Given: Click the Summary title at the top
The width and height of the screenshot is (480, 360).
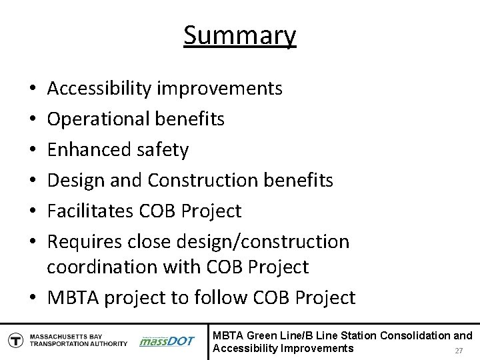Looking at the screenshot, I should [240, 35].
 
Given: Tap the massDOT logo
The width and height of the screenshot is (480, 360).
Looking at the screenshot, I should [167, 341].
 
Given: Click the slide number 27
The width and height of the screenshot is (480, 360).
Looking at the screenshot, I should [458, 351].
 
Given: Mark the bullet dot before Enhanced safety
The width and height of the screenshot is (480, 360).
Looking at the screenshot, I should [33, 151].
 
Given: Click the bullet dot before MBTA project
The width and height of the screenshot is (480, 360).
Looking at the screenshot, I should [33, 297].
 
